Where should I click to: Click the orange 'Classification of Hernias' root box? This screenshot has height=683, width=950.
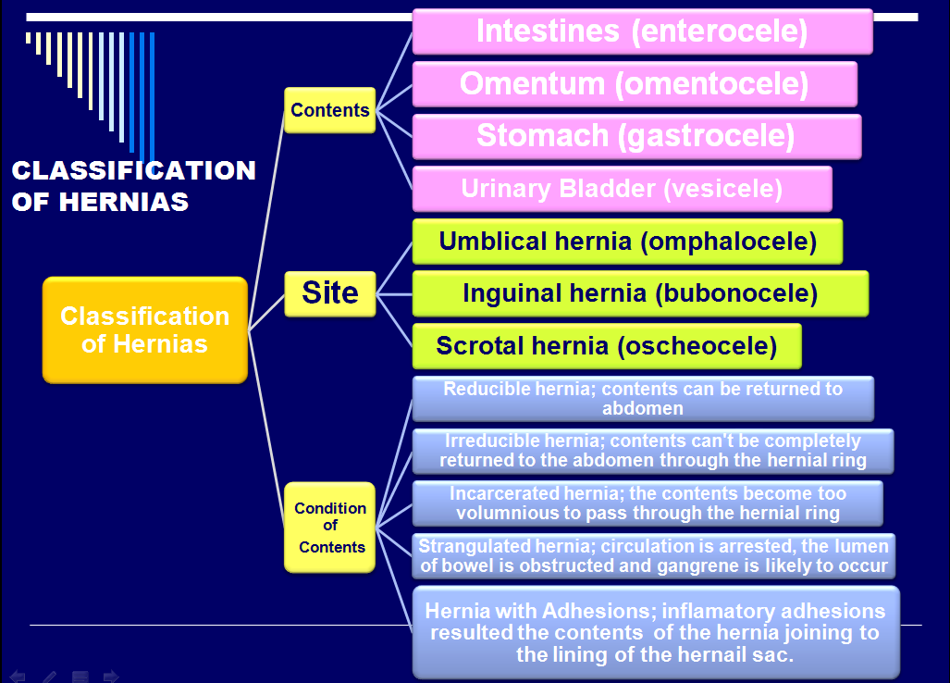144,329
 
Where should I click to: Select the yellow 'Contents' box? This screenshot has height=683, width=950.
329,110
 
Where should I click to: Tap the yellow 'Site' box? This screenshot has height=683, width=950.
329,293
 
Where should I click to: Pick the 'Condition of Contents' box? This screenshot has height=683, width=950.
329,528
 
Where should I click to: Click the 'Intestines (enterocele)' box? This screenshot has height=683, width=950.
642,31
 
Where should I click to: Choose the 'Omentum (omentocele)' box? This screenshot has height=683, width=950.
635,84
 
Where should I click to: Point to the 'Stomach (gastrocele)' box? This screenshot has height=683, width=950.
636,136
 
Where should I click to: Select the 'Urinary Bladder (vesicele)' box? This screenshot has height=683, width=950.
622,189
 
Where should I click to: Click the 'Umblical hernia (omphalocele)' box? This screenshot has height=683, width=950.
627,242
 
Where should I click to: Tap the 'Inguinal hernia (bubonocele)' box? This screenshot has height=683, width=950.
640,293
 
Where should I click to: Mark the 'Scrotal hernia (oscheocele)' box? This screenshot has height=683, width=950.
606,346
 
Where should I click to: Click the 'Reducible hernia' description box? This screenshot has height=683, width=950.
643,398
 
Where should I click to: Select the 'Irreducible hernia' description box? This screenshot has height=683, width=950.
652,451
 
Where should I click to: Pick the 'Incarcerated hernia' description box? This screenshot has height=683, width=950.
648,503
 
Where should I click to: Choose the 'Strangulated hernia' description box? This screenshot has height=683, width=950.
652,555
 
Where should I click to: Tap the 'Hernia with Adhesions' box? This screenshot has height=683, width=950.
655,632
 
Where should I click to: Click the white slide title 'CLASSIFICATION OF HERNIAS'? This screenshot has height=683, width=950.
133,185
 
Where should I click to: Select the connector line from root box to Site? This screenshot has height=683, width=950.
266,312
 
